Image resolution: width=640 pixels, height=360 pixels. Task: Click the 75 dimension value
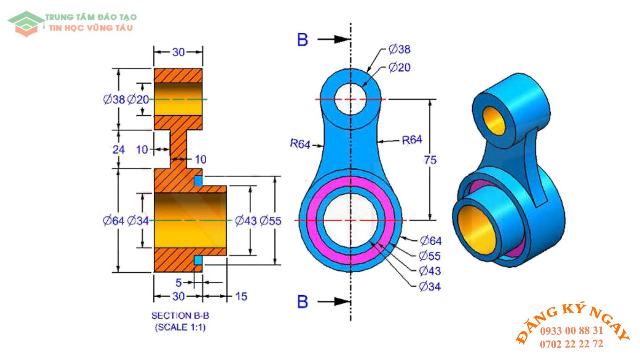tap(430, 160)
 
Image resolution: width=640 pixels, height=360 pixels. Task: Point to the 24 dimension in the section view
tap(119, 150)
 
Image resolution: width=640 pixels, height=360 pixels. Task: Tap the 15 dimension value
tap(241, 296)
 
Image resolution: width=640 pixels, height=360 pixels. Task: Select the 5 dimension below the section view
tap(179, 283)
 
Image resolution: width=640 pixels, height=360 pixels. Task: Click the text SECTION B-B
tap(180, 315)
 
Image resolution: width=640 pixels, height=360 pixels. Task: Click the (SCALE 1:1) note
tap(180, 328)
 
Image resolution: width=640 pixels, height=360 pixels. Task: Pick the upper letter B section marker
tap(303, 40)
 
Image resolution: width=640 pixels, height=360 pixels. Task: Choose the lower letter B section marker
tap(303, 301)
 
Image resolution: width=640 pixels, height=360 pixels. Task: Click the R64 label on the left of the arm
tap(300, 144)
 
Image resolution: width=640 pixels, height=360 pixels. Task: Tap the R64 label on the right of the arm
tap(412, 139)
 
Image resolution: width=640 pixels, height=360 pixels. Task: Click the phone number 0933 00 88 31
tap(572, 330)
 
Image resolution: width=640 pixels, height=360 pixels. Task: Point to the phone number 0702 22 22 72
tap(572, 344)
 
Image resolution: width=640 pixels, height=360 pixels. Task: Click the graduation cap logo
tap(26, 22)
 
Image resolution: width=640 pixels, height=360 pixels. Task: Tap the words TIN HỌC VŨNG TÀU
tap(91, 28)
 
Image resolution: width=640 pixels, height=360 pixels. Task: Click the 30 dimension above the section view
tap(179, 52)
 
